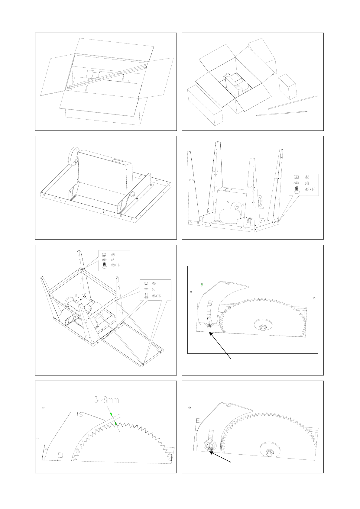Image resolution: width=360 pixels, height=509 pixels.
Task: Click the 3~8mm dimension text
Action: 107,400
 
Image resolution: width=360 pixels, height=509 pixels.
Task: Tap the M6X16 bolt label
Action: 156,296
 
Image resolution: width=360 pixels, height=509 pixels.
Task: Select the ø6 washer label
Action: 154,289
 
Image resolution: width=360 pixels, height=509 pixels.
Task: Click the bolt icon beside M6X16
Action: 146,296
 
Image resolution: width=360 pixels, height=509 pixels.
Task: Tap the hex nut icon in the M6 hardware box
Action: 146,283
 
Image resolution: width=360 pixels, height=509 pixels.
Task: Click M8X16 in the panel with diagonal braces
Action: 115,265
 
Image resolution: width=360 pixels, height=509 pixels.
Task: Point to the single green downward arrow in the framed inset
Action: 202,282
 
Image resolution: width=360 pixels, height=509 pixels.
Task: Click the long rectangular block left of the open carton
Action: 205,105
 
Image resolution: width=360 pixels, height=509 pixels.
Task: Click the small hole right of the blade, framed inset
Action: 314,298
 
